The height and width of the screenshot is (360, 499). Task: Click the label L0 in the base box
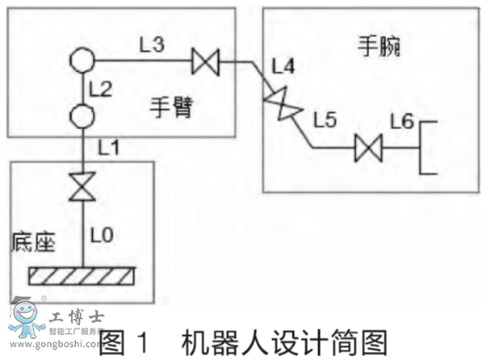click(x=102, y=236)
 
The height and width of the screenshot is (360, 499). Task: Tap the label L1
click(x=108, y=148)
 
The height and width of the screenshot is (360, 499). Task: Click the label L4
click(x=284, y=65)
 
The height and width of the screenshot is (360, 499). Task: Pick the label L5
click(x=325, y=121)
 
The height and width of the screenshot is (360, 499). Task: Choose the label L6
click(x=401, y=121)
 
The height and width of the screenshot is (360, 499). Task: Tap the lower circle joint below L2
click(x=82, y=116)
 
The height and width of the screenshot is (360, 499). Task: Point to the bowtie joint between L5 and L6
click(x=369, y=149)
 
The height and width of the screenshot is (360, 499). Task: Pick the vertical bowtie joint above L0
click(x=82, y=187)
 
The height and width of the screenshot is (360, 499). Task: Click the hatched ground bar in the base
click(x=81, y=275)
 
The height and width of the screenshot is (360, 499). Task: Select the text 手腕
click(x=379, y=47)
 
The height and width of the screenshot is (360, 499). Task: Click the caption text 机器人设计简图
click(x=283, y=341)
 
